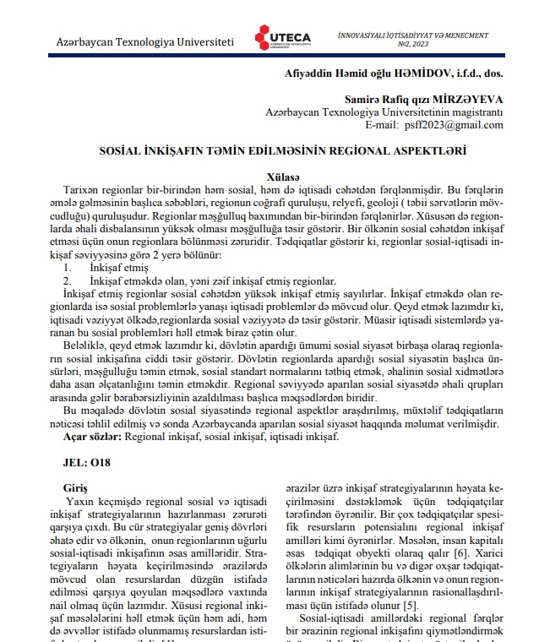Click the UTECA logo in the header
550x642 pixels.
(x=282, y=39)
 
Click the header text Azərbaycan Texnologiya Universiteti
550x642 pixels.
(x=144, y=41)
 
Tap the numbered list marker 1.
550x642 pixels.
(x=68, y=268)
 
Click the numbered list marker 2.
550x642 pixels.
(x=68, y=280)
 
